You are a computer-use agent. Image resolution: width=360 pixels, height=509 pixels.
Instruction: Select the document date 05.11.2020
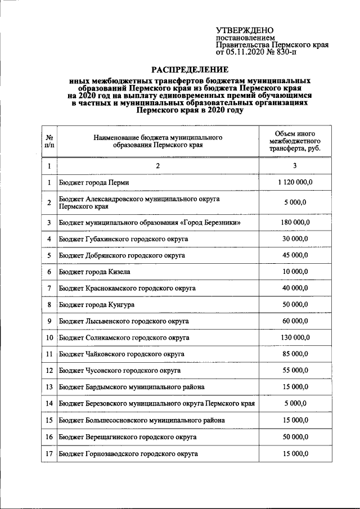(x=247, y=52)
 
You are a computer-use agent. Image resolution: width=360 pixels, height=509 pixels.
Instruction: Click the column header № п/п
(x=49, y=141)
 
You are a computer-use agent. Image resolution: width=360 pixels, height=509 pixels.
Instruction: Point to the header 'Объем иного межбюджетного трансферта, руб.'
(x=295, y=141)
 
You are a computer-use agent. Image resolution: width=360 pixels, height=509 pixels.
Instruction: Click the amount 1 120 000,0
(x=295, y=182)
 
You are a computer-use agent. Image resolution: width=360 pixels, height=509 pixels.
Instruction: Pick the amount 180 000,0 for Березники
(x=295, y=223)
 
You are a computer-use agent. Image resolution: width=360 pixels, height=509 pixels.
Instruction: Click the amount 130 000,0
(x=295, y=337)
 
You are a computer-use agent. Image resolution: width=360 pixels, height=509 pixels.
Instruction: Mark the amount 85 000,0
(x=295, y=354)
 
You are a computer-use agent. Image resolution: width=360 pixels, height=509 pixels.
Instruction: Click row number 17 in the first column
(x=49, y=453)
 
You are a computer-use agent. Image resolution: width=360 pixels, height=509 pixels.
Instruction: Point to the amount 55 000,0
(x=295, y=371)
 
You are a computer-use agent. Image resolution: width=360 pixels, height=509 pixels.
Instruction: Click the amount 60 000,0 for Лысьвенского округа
(x=295, y=321)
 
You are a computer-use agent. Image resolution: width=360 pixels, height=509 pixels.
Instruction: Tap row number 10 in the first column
(x=49, y=337)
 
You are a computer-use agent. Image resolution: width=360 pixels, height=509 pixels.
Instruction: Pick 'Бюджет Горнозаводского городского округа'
(x=128, y=453)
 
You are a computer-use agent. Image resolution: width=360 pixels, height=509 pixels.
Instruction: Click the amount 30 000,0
(x=295, y=239)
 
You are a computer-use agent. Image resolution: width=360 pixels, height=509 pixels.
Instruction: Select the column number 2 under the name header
(x=158, y=165)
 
